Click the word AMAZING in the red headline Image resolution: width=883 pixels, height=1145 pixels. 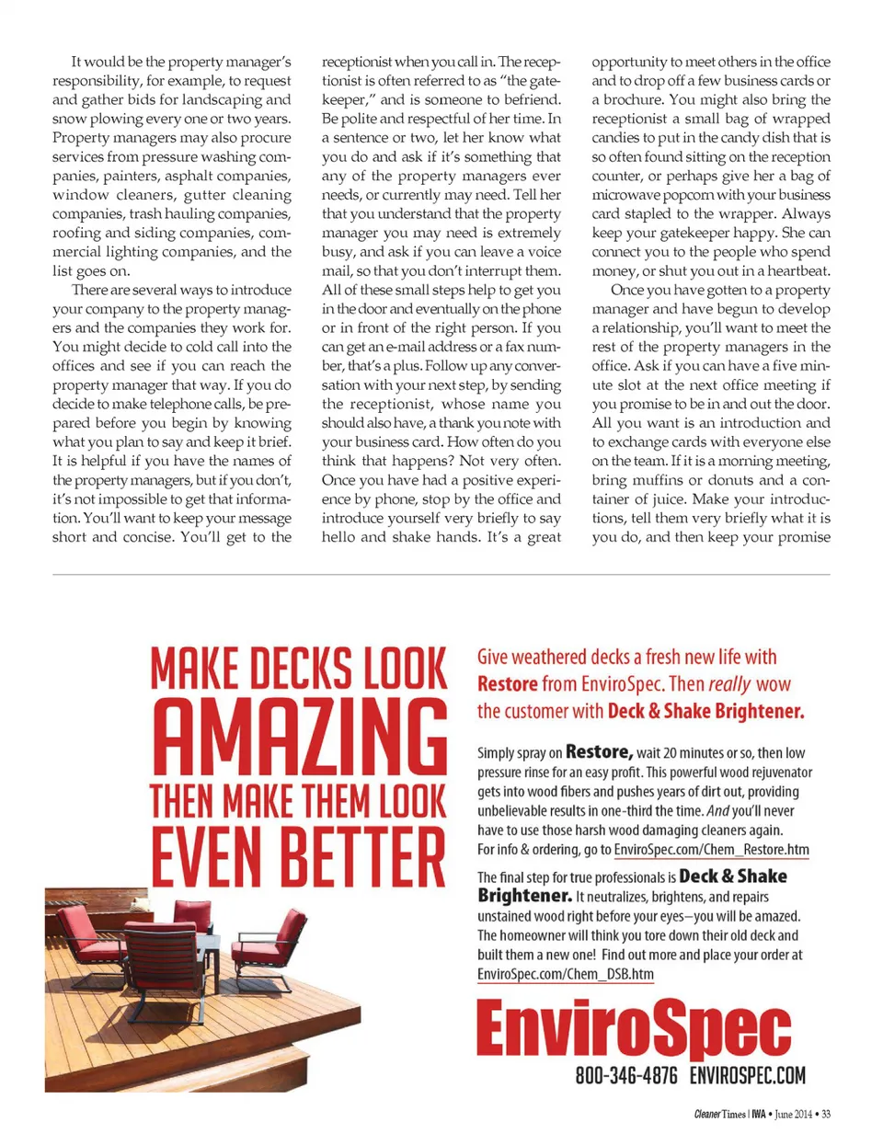pos(299,737)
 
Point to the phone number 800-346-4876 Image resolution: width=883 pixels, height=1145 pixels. pos(626,1075)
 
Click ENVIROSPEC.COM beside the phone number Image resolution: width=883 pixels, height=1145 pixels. pos(747,1075)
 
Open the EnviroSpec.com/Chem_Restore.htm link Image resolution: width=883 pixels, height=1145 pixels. pos(711,850)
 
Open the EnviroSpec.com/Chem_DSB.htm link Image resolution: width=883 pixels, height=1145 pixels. pos(565,974)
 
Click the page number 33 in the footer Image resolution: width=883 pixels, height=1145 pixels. pos(825,1115)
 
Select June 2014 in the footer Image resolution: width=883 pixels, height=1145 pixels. pos(793,1115)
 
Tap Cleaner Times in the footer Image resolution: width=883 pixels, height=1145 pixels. pos(719,1115)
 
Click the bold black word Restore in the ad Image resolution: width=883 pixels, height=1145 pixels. pos(598,751)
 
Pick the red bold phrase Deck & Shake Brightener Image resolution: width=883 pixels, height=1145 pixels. pos(705,711)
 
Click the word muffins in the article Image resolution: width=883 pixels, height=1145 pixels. pos(658,480)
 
